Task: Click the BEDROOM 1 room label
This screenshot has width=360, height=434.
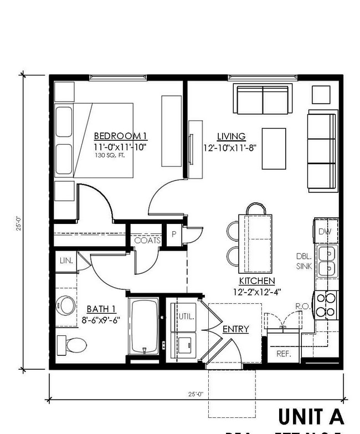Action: [120, 136]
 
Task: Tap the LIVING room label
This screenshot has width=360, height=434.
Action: [231, 136]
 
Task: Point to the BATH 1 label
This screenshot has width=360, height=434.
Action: [101, 309]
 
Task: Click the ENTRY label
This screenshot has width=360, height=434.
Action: [235, 329]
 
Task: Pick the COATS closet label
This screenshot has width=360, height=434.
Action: [147, 241]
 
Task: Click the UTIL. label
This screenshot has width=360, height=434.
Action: [186, 316]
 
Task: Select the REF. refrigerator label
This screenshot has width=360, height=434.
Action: [284, 354]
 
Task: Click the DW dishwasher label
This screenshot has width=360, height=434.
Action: [325, 232]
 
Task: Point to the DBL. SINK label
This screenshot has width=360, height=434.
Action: [305, 262]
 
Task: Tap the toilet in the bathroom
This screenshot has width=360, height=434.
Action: [72, 345]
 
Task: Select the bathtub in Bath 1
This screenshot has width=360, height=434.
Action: [144, 327]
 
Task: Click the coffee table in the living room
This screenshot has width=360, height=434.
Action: [274, 149]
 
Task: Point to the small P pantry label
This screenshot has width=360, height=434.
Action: [174, 234]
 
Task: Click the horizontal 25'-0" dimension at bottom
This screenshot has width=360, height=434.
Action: [197, 394]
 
